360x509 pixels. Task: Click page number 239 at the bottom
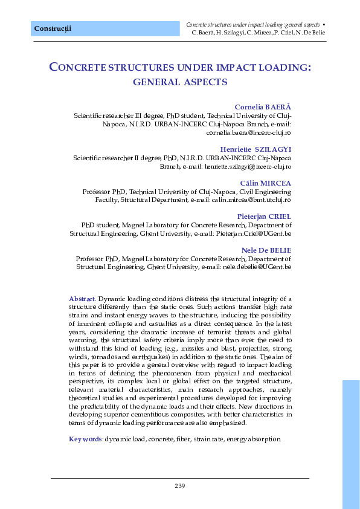179,486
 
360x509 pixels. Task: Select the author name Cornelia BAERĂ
263,107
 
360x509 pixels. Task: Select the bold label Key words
85,438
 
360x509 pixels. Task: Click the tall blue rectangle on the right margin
350,444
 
